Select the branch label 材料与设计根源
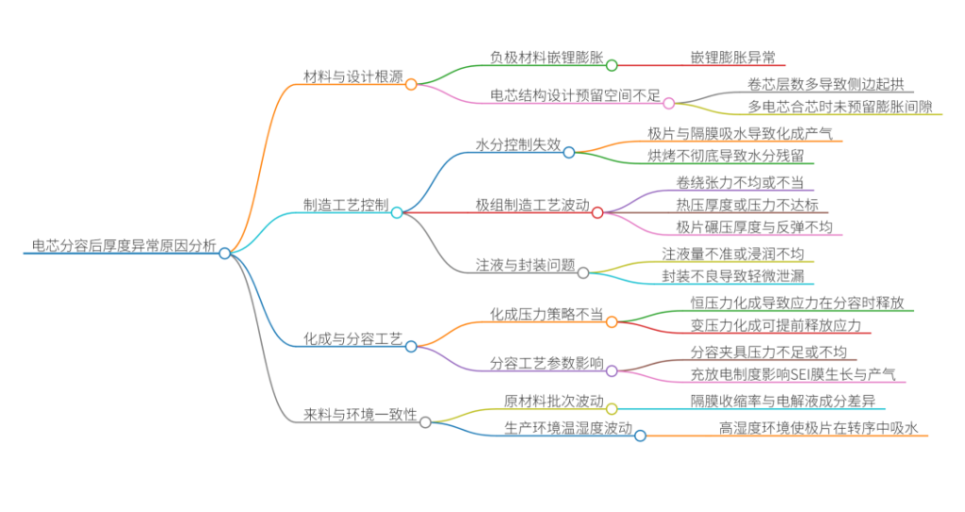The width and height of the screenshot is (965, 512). click(353, 76)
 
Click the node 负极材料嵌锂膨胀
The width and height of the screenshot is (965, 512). click(547, 58)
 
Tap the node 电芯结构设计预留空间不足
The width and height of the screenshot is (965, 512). click(575, 95)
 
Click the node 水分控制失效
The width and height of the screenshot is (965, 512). click(517, 145)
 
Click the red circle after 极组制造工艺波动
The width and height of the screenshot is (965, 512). click(597, 212)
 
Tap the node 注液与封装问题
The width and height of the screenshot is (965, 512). click(525, 265)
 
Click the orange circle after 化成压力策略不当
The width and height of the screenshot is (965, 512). click(612, 322)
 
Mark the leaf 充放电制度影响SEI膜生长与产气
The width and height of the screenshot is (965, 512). click(793, 374)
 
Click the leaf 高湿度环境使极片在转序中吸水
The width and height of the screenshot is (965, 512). click(817, 427)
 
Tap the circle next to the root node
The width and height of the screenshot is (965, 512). click(224, 253)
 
